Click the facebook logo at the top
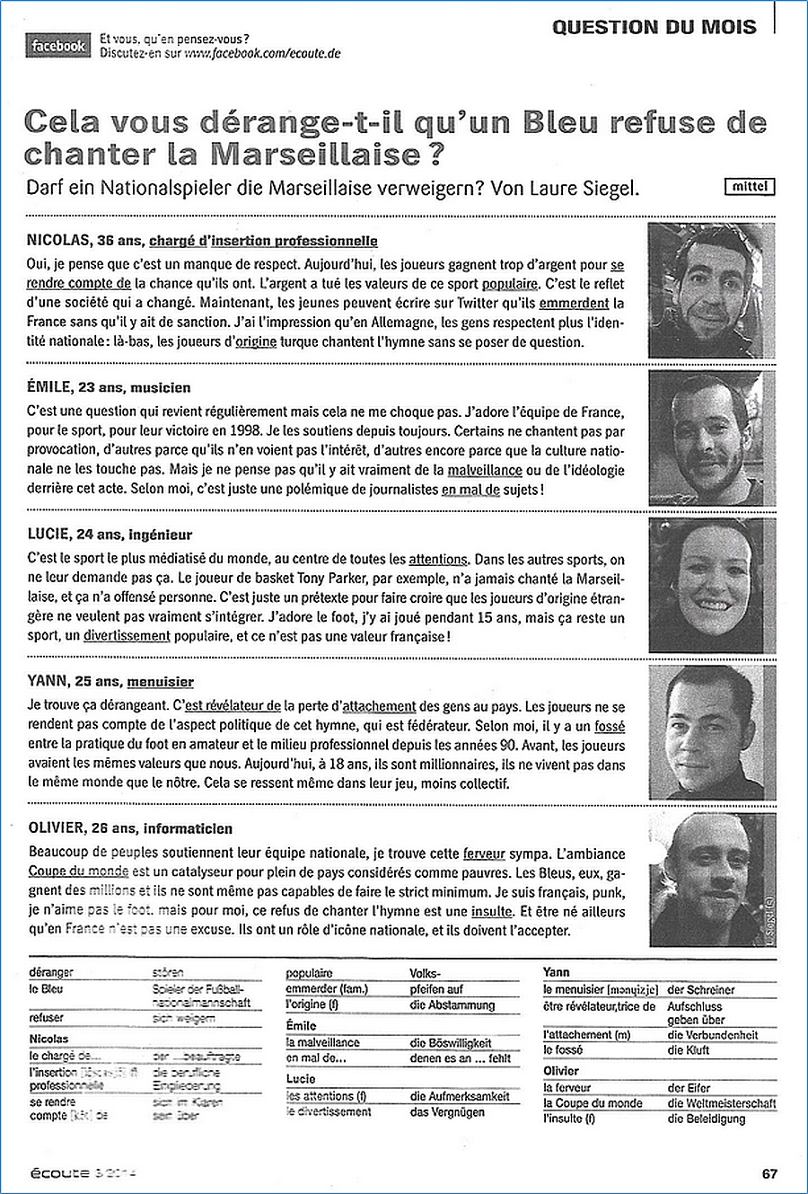pyautogui.click(x=59, y=46)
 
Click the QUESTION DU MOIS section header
pyautogui.click(x=654, y=27)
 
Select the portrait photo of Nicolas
pyautogui.click(x=711, y=290)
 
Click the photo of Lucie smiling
pyautogui.click(x=711, y=585)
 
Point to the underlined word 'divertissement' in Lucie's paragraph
pyautogui.click(x=127, y=636)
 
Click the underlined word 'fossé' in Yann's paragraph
pyautogui.click(x=610, y=726)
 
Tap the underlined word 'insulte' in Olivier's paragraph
pyautogui.click(x=493, y=911)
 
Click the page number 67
pyautogui.click(x=769, y=1173)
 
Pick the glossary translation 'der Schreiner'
pyautogui.click(x=701, y=989)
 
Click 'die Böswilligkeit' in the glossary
pyautogui.click(x=450, y=1043)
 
